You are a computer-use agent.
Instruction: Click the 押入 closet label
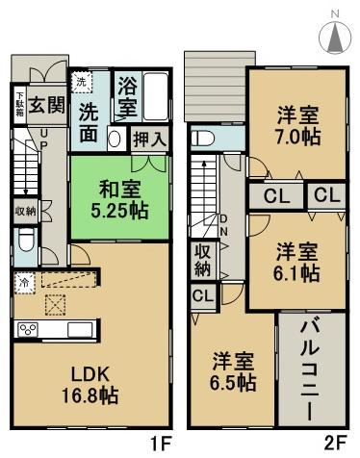(x=147, y=139)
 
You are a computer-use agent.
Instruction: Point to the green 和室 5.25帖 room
(x=108, y=197)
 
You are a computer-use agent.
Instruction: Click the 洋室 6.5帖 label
(x=235, y=371)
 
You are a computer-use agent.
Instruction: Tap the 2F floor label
(x=334, y=445)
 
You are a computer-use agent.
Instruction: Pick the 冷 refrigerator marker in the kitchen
(x=23, y=282)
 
